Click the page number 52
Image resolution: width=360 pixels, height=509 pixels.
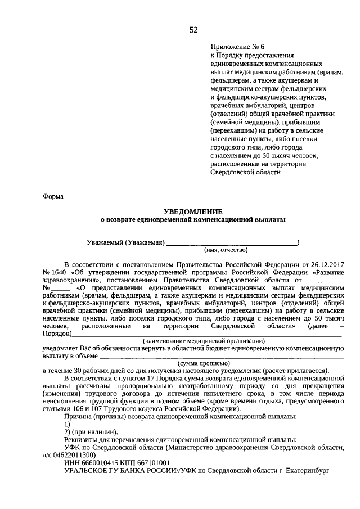pyautogui.click(x=193, y=29)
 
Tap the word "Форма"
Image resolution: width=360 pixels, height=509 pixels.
pyautogui.click(x=53, y=196)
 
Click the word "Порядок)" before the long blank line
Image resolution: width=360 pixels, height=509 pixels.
pyautogui.click(x=56, y=334)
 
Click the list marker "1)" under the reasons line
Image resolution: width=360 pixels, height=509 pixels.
pyautogui.click(x=67, y=424)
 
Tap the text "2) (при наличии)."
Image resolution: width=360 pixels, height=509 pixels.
pyautogui.click(x=91, y=431)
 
